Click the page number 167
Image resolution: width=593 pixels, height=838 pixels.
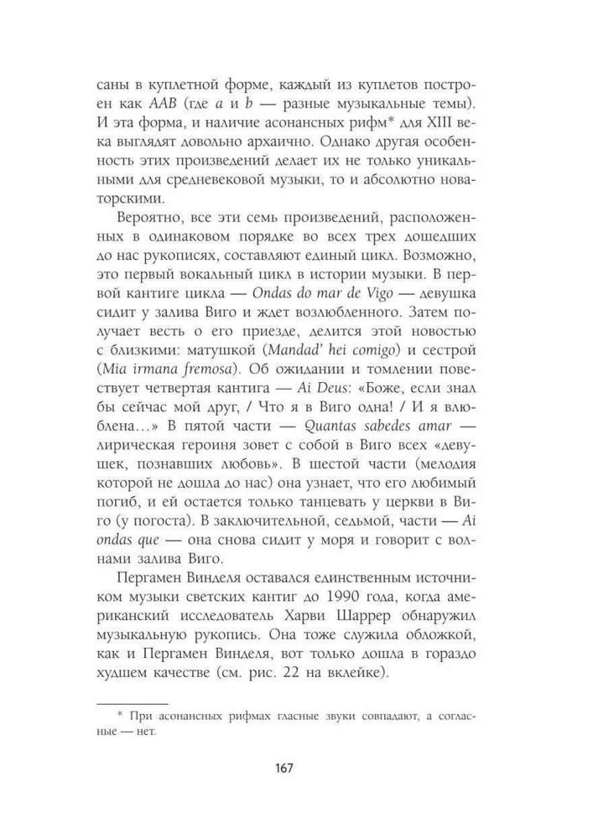click(x=296, y=770)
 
